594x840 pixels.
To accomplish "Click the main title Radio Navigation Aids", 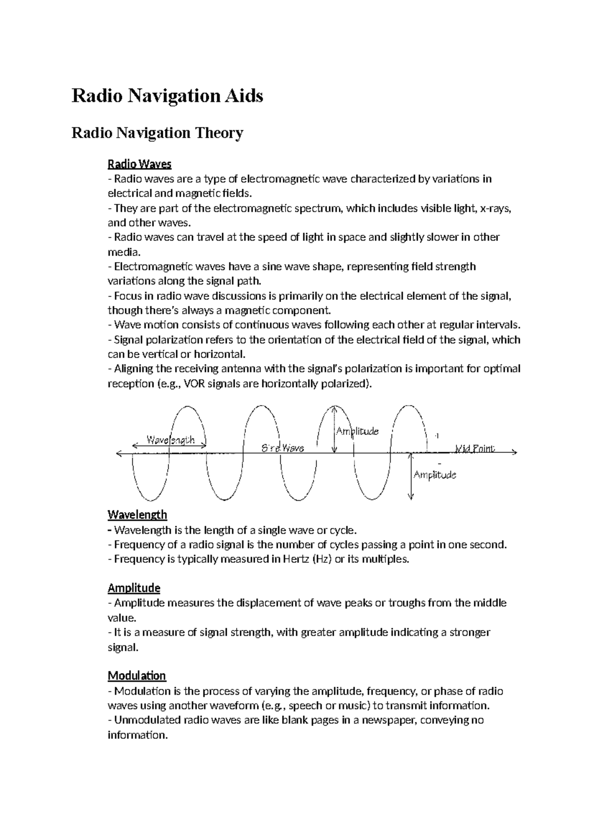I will coord(167,96).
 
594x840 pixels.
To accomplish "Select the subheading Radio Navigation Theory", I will coord(157,133).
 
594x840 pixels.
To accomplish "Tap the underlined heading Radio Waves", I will coord(140,164).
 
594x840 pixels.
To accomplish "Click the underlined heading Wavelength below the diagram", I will coord(137,515).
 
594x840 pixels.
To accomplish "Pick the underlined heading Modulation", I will coord(137,676).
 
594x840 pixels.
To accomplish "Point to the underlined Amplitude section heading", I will coord(134,588).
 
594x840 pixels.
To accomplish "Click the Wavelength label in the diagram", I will coord(170,440).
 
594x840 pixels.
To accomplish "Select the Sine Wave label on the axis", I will coord(282,448).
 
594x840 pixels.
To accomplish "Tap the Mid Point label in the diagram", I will coord(474,449).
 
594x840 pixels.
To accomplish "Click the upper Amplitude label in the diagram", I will coord(357,431).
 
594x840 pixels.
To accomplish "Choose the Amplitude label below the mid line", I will coord(435,475).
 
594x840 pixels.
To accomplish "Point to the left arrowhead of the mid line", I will coord(118,453).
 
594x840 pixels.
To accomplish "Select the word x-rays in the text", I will coord(495,209).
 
